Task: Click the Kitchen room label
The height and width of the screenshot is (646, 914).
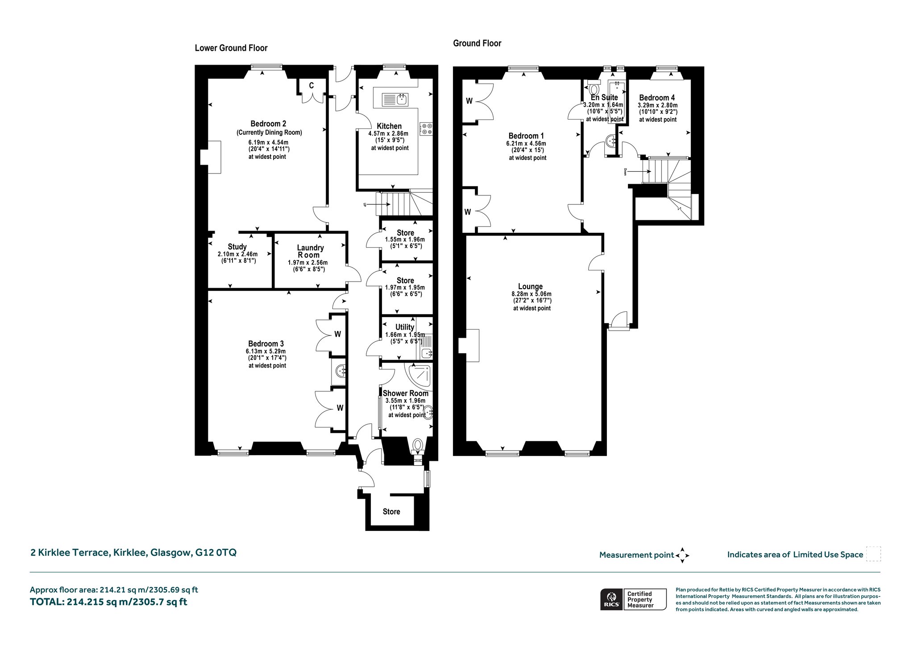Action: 389,126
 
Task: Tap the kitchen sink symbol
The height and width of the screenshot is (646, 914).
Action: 395,99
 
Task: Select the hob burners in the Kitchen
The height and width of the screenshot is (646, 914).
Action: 426,129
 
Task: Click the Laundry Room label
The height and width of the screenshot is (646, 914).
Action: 310,251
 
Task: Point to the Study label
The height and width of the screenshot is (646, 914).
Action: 237,247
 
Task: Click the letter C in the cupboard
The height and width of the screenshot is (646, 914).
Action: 311,86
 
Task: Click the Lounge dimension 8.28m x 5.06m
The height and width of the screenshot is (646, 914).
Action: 532,294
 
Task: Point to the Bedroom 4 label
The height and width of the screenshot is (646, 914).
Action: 657,98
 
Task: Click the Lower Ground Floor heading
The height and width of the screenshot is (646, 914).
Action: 231,48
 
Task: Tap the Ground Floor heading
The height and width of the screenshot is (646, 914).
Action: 477,43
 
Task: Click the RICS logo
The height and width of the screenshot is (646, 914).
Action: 611,599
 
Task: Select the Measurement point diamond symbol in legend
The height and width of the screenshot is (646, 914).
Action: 682,555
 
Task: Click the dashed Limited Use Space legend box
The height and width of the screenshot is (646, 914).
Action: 873,554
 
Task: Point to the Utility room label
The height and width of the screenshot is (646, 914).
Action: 405,327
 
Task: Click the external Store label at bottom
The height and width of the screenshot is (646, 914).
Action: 391,512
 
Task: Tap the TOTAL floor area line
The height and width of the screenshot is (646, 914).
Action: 108,602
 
